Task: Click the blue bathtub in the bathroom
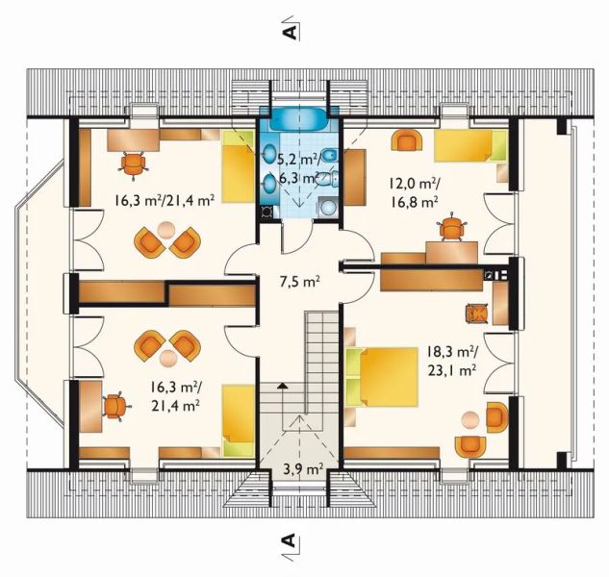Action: point(298,119)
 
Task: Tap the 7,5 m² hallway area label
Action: point(299,282)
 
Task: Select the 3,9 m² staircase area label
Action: point(303,470)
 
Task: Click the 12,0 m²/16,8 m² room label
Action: point(415,192)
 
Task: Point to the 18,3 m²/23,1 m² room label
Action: point(452,362)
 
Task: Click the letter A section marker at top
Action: point(289,33)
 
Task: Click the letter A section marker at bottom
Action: point(289,539)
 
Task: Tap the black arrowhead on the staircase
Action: point(282,386)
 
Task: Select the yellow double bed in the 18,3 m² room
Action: point(382,377)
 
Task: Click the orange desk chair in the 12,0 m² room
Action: point(451,227)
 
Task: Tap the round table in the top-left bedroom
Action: point(166,229)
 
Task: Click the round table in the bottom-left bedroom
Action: point(167,358)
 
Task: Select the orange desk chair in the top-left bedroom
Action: point(133,164)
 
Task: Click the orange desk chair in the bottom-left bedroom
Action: point(115,406)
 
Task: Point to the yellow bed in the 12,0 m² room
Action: point(470,146)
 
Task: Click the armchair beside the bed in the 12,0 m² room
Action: point(407,140)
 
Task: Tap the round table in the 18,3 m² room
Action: point(470,419)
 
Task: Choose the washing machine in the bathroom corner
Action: point(266,212)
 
